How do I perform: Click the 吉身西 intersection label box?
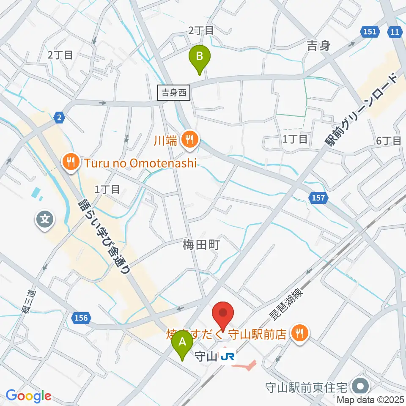[174, 92]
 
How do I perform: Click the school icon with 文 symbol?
[45, 219]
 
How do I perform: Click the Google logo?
[28, 396]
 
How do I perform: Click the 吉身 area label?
[318, 46]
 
